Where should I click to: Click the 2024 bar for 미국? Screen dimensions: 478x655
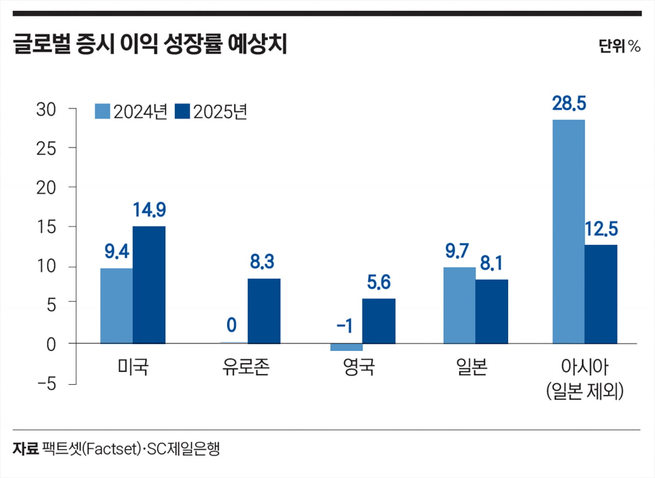coord(116,306)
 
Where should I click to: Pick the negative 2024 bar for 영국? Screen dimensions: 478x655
coord(346,347)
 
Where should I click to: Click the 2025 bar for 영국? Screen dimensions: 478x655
coord(378,321)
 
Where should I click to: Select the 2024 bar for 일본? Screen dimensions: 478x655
coord(459,305)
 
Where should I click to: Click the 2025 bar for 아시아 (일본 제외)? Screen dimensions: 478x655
coord(601,294)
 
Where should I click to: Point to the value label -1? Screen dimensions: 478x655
coord(344,325)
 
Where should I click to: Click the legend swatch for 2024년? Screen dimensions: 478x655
coord(103,111)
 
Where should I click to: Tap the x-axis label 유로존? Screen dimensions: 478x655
coord(246,367)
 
